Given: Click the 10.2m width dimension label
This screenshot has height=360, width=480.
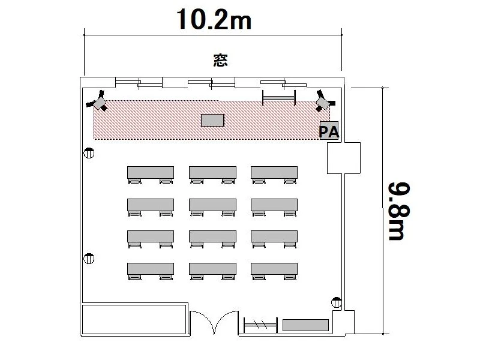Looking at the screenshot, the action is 214,19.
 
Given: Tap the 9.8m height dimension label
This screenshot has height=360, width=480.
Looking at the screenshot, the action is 399,211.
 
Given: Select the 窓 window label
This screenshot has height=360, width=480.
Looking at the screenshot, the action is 220,61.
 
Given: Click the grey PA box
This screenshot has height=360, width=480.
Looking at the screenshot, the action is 329,130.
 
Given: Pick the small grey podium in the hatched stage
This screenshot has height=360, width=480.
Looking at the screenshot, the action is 212,120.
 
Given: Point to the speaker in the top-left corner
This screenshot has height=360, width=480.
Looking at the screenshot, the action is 98,101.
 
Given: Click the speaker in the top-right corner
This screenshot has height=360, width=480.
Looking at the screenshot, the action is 325,101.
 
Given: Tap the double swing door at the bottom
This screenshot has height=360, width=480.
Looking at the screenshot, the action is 214,322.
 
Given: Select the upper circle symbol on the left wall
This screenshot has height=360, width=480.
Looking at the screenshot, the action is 89,153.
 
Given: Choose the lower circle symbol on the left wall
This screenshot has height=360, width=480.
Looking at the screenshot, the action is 89,259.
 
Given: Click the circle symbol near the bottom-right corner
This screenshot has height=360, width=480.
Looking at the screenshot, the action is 337,302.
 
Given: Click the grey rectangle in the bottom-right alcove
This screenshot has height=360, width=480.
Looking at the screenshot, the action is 305,325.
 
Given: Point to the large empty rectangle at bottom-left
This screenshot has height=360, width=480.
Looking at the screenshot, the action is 134,319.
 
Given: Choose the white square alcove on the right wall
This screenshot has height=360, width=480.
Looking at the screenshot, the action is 344,158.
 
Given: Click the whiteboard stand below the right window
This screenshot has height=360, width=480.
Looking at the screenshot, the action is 279,98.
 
